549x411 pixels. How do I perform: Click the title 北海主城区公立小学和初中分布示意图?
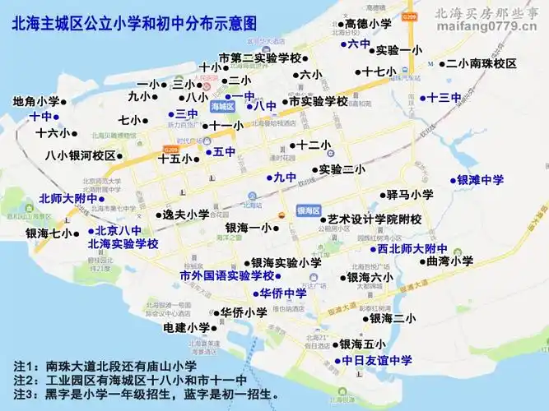(134, 25)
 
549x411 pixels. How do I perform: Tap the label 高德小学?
(368, 25)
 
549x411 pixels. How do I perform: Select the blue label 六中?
(360, 44)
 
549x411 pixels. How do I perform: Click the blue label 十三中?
(444, 98)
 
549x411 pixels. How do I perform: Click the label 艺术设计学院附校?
(375, 219)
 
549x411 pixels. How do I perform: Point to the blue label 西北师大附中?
(412, 248)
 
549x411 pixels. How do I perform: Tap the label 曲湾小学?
(450, 261)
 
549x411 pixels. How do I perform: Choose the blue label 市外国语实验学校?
(226, 276)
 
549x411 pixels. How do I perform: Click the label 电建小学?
(187, 327)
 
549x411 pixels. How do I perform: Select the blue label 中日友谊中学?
(377, 360)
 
